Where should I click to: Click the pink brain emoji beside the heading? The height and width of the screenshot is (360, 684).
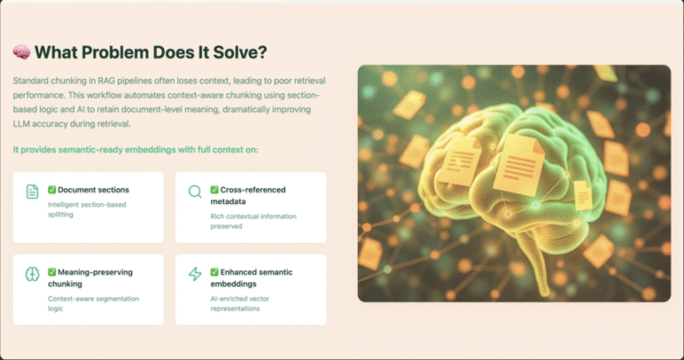click(21, 52)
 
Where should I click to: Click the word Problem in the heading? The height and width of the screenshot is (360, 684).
click(115, 53)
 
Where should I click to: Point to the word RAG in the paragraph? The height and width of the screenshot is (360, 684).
click(107, 81)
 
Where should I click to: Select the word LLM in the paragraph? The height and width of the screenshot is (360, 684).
click(21, 124)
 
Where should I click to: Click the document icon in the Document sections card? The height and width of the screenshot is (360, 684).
click(32, 192)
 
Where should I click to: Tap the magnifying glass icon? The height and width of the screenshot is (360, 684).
click(195, 192)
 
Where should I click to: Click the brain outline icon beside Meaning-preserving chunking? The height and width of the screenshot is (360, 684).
click(32, 274)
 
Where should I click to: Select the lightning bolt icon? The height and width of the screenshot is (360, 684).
click(195, 274)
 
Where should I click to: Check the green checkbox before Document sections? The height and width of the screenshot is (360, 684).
click(52, 190)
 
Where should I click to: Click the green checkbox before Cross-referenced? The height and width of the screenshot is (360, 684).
click(214, 190)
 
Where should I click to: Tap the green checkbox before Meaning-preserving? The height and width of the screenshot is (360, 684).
click(52, 273)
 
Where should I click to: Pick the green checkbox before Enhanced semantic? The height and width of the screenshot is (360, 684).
click(214, 273)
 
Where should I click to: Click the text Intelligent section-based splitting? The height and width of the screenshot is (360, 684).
click(86, 209)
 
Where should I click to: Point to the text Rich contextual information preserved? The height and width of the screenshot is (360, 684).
click(254, 221)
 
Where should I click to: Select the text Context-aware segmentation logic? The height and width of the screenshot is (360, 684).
click(94, 304)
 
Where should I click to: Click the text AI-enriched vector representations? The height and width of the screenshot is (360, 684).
click(240, 304)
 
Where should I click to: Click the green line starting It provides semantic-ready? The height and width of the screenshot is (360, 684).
click(135, 150)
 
